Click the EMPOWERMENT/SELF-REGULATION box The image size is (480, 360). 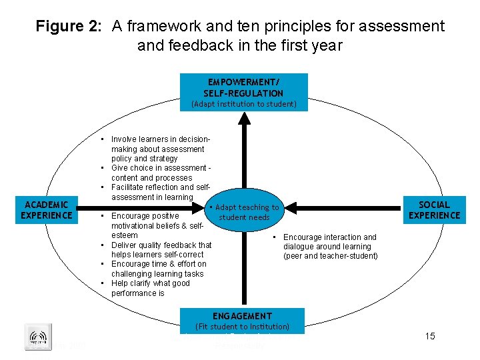(244, 87)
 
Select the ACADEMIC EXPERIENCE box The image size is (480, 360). (47, 210)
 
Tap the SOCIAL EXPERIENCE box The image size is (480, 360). (434, 210)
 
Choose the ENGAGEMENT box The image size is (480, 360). (243, 316)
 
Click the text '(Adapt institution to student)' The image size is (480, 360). (244, 104)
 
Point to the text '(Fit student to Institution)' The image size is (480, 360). (242, 327)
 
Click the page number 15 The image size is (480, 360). (430, 336)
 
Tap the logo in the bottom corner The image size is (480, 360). (38, 337)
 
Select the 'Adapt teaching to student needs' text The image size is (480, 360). (246, 213)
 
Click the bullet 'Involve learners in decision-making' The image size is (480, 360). (160, 149)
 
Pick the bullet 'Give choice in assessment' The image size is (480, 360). (160, 173)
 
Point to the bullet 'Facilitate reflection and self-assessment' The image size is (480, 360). (160, 192)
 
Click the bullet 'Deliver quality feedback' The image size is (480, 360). (160, 249)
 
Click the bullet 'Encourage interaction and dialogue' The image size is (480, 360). (330, 246)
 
